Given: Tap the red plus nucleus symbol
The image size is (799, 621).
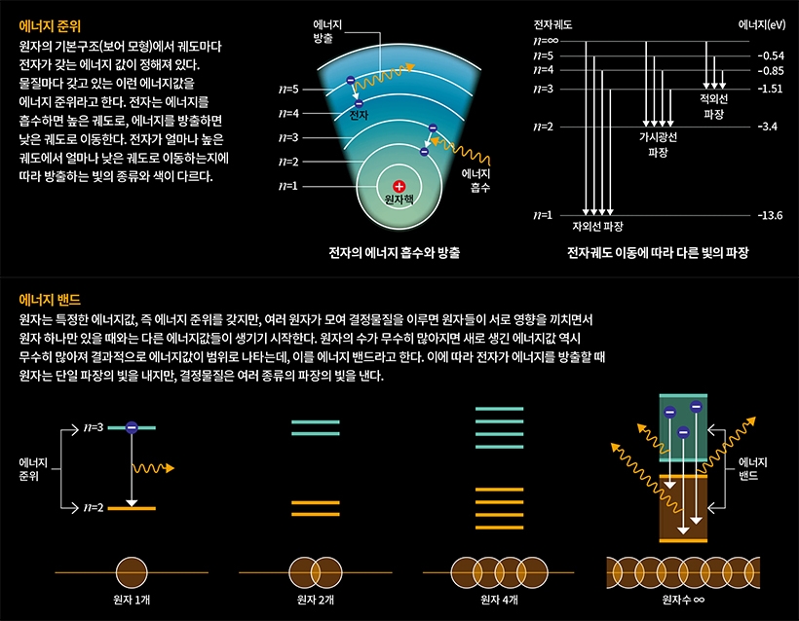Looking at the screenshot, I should tap(399, 185).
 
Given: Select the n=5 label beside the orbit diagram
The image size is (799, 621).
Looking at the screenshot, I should tap(288, 90).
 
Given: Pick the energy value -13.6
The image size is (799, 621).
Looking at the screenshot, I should tap(770, 215).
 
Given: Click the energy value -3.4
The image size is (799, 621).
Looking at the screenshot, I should tap(767, 128).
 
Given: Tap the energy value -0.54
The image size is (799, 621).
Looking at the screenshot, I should tap(770, 56).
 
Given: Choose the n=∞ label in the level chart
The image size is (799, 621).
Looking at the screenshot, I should tap(546, 42).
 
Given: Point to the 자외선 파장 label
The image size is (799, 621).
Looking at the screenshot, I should tap(597, 227).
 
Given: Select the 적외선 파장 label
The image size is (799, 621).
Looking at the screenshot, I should tap(713, 106).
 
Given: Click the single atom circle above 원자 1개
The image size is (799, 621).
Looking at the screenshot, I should tap(132, 571).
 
